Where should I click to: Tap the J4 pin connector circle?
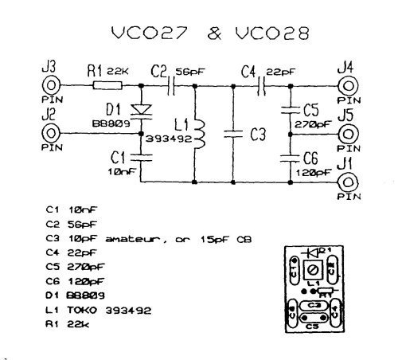(344, 86)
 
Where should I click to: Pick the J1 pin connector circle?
(344, 182)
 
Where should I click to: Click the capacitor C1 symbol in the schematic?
(141, 157)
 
